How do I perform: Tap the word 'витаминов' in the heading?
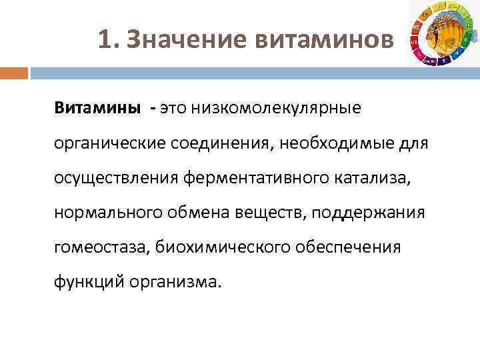(x=323, y=41)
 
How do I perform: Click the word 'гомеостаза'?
(x=101, y=247)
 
